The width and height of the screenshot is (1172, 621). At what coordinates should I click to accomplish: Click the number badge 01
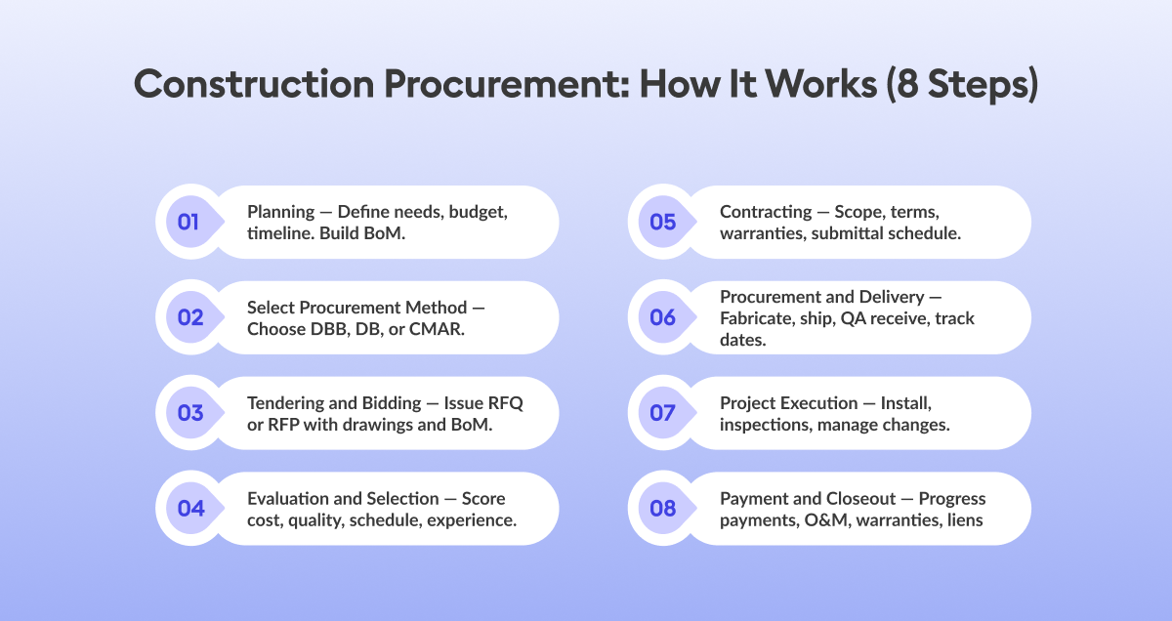coord(188,222)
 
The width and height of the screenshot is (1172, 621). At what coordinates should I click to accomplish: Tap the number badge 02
coord(189,317)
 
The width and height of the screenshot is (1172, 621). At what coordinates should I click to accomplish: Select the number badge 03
coord(189,413)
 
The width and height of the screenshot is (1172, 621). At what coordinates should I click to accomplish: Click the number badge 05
coord(662,222)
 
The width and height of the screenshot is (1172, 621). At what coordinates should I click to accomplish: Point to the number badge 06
coord(662,317)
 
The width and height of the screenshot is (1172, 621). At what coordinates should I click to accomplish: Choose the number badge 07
coord(662,413)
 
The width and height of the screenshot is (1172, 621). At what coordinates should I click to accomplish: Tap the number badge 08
coord(662,509)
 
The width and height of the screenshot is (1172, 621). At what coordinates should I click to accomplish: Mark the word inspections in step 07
coord(770,424)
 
